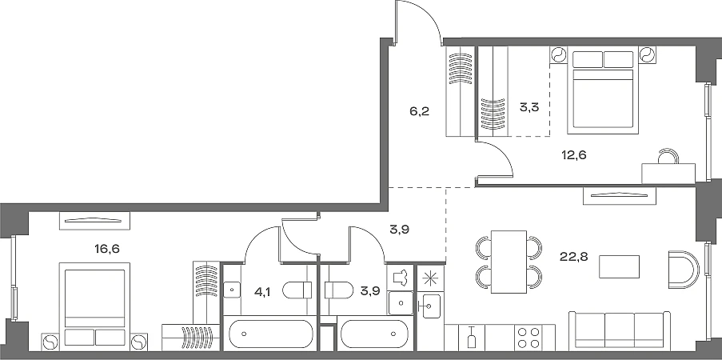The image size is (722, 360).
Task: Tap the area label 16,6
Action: (x=107, y=250)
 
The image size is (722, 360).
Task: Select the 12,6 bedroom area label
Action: (x=574, y=155)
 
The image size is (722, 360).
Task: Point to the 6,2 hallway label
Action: (x=420, y=111)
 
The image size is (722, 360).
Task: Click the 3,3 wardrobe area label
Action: (x=529, y=107)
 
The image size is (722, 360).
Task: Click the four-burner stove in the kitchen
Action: (x=529, y=338)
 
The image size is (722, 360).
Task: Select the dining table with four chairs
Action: (x=509, y=262)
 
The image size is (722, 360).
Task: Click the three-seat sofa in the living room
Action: (x=620, y=330)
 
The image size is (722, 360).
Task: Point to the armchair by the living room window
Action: (x=684, y=270)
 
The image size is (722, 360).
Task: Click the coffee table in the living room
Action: (x=620, y=266)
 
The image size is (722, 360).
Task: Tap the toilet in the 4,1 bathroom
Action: (x=297, y=291)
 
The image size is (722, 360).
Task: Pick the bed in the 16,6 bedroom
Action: (x=95, y=304)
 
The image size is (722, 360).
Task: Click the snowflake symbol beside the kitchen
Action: (x=430, y=278)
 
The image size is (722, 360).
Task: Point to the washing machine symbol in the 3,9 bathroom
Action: (x=400, y=278)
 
